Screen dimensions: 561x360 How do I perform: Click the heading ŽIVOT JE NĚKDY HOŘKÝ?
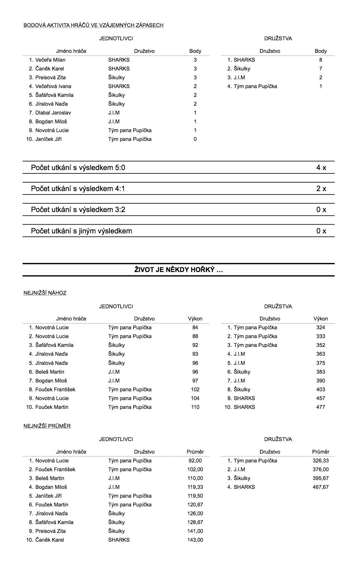(178, 270)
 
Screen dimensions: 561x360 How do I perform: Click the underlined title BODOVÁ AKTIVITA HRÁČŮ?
(93, 25)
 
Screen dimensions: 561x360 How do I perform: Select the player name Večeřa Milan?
(50, 60)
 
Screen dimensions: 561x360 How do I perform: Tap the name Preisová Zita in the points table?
(50, 78)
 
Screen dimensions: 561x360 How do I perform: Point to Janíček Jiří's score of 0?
(195, 139)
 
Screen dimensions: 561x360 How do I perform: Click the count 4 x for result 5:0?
(321, 167)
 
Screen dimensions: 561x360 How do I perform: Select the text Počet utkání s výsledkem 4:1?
(78, 189)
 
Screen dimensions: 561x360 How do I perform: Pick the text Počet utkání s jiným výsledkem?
(81, 231)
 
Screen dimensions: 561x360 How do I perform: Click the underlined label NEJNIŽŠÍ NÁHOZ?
(45, 293)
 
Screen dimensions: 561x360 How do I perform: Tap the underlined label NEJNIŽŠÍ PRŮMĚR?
(47, 426)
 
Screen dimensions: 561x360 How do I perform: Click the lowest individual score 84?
(195, 328)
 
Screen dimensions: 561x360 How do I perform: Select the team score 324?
(320, 328)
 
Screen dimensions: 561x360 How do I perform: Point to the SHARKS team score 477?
(320, 407)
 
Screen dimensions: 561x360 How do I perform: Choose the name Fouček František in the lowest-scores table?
(55, 390)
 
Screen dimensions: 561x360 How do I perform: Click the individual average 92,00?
(195, 461)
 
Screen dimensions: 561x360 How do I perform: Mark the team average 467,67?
(320, 487)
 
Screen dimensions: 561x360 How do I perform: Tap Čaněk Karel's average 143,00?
(195, 540)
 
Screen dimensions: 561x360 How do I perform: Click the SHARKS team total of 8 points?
(321, 60)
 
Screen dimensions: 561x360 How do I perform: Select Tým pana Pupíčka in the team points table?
(255, 86)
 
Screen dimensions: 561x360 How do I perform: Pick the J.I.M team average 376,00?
(320, 470)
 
